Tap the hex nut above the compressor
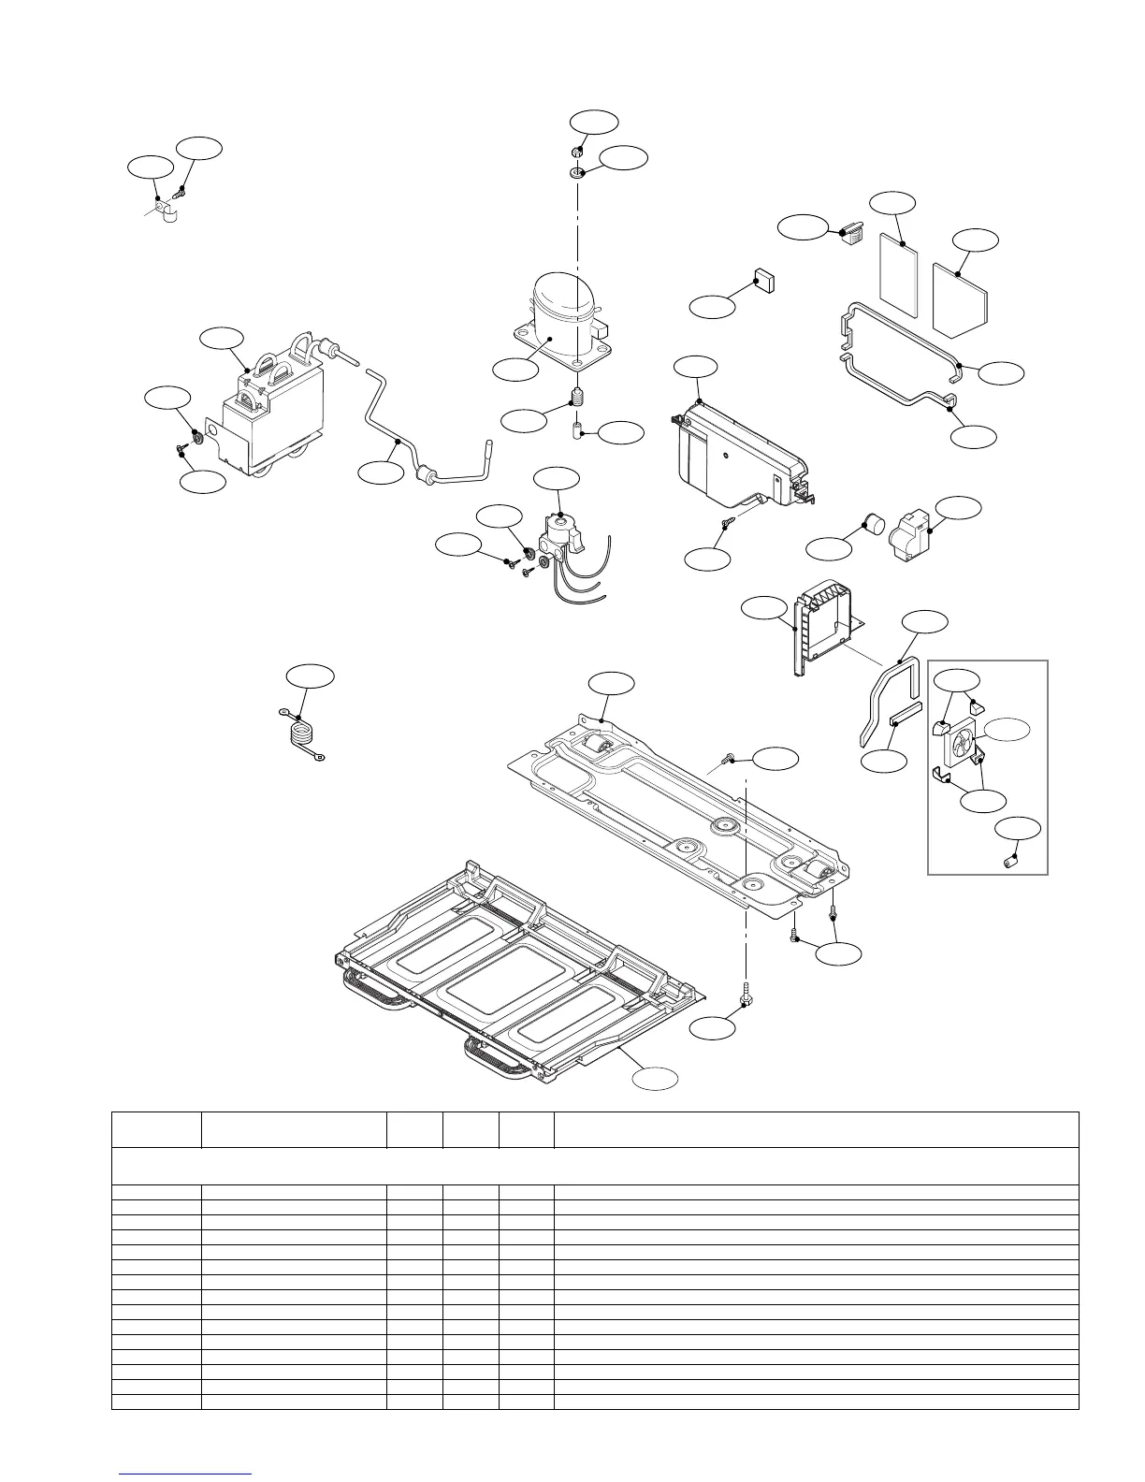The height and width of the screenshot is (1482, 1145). pos(578,152)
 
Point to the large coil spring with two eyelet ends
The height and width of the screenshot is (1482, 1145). pos(299,733)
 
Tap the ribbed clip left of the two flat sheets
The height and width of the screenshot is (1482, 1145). pos(849,230)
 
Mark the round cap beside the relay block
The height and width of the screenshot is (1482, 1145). pos(873,524)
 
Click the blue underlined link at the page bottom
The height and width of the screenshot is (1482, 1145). pos(186,1475)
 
